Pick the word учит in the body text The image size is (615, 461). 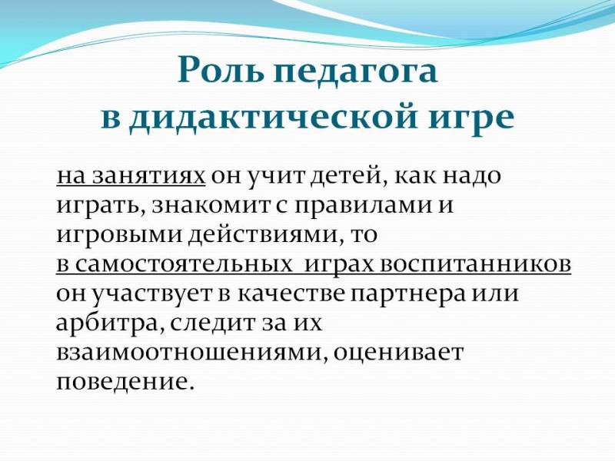point(278,177)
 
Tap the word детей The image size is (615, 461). point(347,177)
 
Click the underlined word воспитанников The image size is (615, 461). point(474,264)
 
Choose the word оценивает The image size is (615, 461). point(398,353)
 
